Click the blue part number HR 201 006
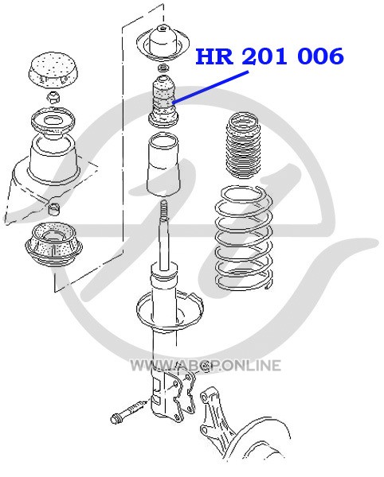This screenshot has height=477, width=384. (269, 56)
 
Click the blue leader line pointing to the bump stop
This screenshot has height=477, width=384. (211, 87)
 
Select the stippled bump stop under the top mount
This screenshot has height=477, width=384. (163, 101)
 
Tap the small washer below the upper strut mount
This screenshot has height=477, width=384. (163, 68)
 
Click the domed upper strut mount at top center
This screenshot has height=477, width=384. (163, 43)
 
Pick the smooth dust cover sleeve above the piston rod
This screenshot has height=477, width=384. (163, 165)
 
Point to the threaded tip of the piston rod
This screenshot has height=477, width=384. (164, 209)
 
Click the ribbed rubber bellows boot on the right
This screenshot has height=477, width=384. (244, 145)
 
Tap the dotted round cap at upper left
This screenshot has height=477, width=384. (53, 70)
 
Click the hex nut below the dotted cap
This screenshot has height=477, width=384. (54, 98)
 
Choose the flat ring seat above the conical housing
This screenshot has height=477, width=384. (53, 122)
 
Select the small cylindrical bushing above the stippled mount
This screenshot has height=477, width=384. (54, 207)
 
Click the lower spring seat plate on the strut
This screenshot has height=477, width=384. (170, 310)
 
